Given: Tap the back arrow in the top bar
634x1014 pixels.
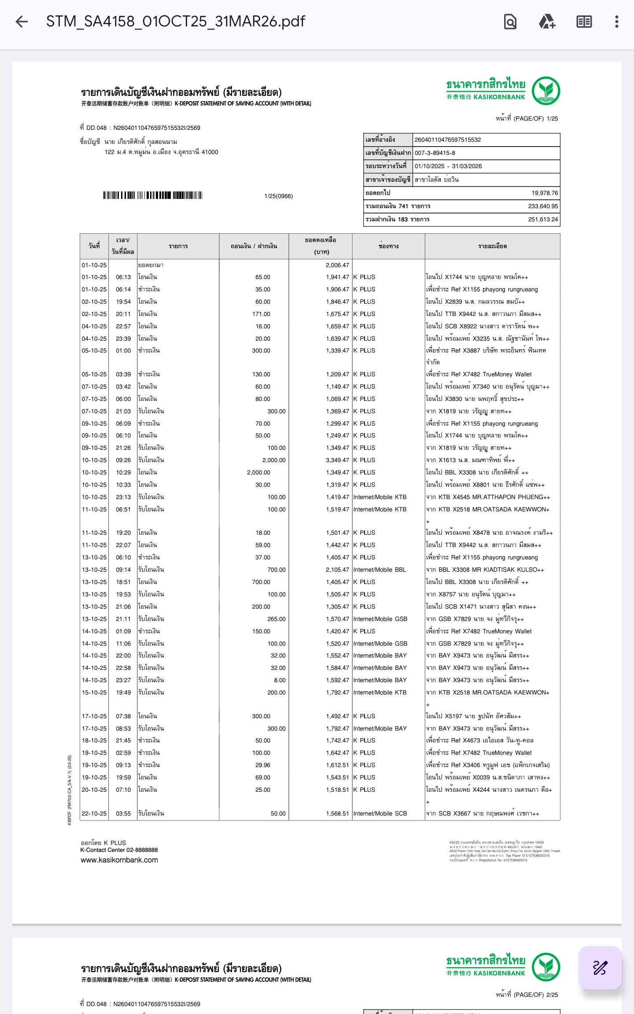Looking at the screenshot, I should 22,22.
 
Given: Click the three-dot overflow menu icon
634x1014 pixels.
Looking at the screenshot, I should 616,22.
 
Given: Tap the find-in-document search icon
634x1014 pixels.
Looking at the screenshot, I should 510,22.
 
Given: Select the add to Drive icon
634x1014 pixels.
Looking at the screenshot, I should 547,22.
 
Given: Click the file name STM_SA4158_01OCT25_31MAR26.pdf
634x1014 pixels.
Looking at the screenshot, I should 175,22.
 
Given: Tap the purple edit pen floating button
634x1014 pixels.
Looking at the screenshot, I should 600,968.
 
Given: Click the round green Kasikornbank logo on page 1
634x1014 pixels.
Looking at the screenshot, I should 546,91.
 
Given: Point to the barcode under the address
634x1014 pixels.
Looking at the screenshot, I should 153,195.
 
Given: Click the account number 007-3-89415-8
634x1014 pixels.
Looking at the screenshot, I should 435,153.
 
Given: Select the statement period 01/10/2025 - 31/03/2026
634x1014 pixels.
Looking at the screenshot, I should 448,166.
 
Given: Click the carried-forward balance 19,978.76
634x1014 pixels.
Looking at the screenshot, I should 544,193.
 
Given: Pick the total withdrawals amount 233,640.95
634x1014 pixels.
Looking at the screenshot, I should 543,206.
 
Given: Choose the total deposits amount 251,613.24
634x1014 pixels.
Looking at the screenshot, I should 543,219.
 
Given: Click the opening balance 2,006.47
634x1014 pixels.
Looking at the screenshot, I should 337,265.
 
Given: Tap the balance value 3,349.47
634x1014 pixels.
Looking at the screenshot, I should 337,460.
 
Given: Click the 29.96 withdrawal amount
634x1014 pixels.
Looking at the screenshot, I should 263,765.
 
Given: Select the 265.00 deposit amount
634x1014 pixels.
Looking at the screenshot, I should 276,619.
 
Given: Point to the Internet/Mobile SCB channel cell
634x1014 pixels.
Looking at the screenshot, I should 380,813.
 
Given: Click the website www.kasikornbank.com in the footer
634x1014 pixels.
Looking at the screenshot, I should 119,860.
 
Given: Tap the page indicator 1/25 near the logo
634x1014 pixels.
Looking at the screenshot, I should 552,118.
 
